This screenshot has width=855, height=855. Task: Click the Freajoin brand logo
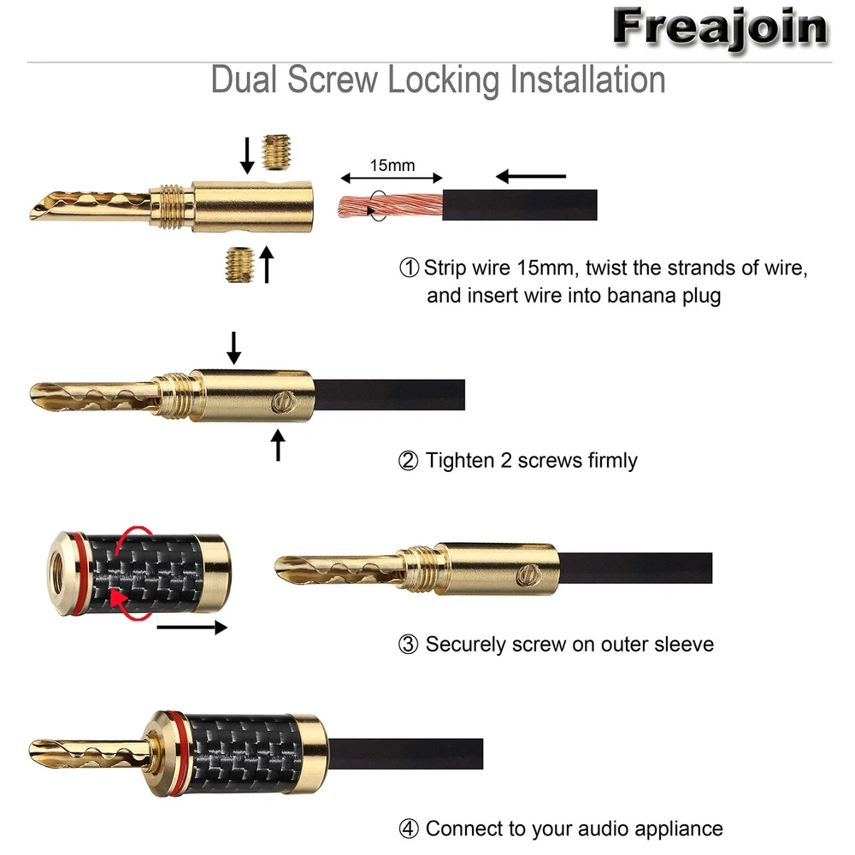click(721, 28)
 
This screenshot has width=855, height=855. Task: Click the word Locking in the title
click(443, 80)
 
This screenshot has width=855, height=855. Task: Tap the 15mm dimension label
click(392, 165)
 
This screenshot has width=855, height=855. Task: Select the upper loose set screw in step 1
click(276, 152)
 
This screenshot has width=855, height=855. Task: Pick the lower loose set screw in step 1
click(240, 265)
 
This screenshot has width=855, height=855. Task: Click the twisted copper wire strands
click(391, 205)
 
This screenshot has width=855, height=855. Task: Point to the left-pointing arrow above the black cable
click(531, 176)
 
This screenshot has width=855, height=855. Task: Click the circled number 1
click(409, 268)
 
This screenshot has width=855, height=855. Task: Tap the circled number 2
click(408, 461)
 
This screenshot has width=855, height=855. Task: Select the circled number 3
click(408, 645)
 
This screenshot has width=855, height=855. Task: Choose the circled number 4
click(409, 828)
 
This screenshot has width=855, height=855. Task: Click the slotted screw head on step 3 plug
click(529, 575)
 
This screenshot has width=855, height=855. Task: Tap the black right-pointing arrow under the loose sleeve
click(192, 628)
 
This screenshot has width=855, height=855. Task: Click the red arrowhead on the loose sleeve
click(120, 598)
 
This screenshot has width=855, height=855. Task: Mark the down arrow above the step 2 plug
click(234, 348)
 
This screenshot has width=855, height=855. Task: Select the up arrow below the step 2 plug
click(278, 445)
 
